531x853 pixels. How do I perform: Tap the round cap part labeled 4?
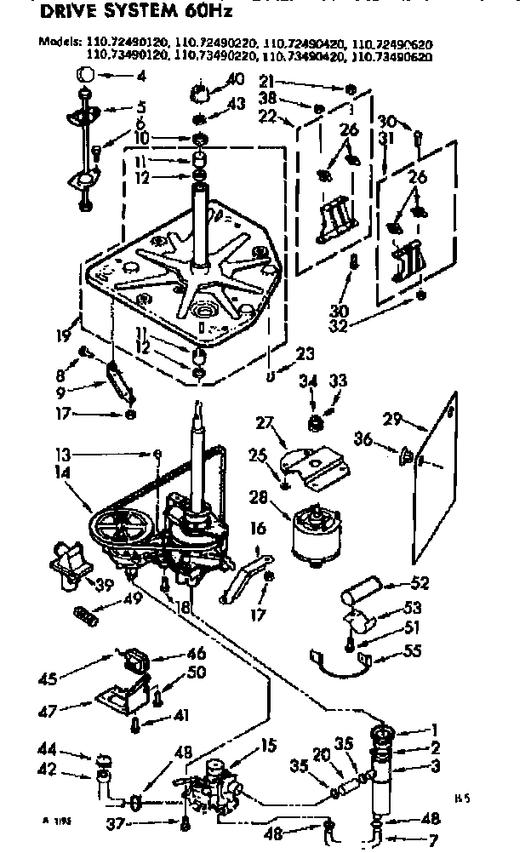pos(85,74)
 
